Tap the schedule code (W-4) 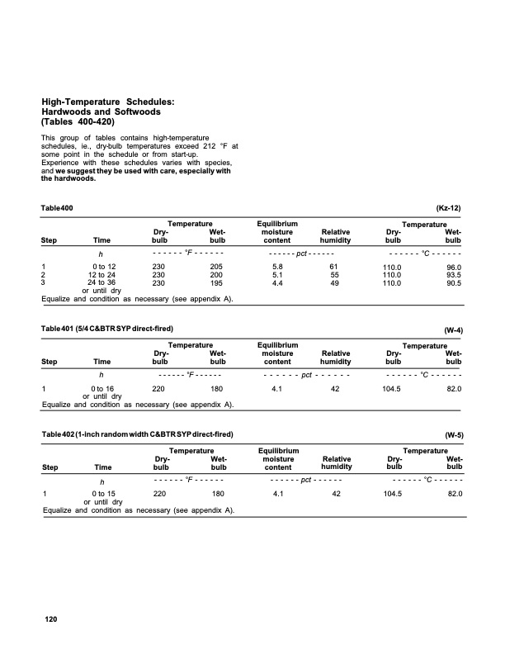[x=453, y=330]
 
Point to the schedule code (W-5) [x=453, y=434]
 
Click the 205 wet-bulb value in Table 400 [x=217, y=267]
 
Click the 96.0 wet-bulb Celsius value [x=453, y=268]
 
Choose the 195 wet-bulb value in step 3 [x=217, y=283]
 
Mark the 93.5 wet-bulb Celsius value [x=453, y=276]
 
